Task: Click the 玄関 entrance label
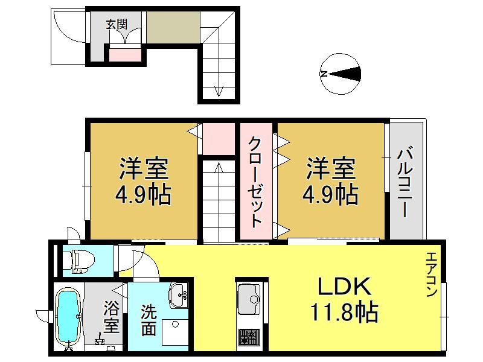coord(117,24)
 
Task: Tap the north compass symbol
coord(341,74)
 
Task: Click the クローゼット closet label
coord(255,182)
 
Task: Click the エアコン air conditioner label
coord(432,275)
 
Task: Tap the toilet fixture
coord(78,262)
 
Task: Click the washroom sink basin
coord(179,295)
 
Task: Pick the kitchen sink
coord(249,299)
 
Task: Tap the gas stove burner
coord(249,337)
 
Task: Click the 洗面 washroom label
coord(149,320)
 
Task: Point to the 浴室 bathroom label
coord(111,317)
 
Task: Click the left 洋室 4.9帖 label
coord(143,182)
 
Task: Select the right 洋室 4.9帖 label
coord(330,182)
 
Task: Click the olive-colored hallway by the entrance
coord(173,27)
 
